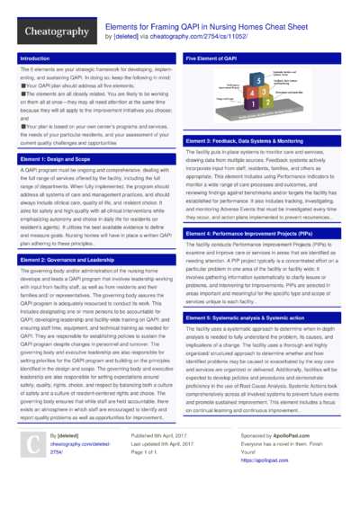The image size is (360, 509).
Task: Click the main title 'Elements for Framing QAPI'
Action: [x=200, y=28]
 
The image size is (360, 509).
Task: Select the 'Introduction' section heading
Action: [x=35, y=58]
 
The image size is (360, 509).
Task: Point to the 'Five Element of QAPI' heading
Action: [x=212, y=58]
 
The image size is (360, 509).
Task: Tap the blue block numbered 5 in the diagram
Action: [x=259, y=81]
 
